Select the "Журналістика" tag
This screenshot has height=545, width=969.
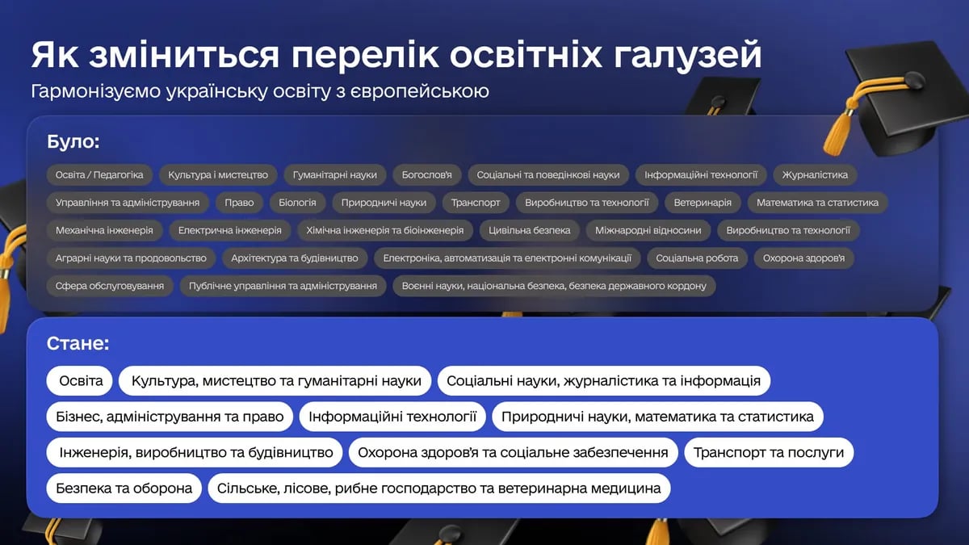815,174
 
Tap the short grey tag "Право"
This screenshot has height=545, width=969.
239,203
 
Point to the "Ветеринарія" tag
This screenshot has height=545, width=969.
703,203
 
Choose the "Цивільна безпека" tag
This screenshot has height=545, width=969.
530,230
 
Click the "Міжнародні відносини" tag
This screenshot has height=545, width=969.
648,230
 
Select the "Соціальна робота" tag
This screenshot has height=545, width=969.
697,258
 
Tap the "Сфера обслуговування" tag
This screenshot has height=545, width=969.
110,286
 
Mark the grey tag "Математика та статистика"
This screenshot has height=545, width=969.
817,203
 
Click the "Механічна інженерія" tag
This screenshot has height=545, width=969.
104,230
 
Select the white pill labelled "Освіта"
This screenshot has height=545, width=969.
81,381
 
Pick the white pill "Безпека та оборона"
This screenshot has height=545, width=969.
124,488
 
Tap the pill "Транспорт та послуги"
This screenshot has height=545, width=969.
769,452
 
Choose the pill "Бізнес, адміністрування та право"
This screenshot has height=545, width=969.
170,417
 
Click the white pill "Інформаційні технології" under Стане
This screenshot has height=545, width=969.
392,417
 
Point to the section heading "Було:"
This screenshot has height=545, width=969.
73,143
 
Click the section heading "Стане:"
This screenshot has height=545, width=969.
78,344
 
